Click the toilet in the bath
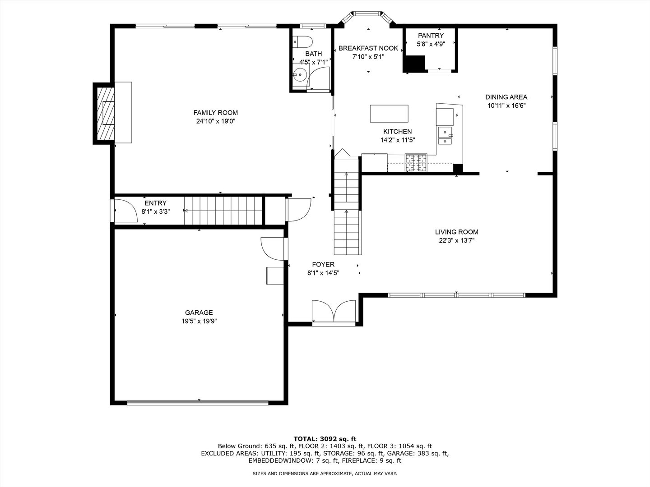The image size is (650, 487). [302, 42]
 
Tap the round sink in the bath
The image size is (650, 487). [300, 75]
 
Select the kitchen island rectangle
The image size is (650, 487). [389, 114]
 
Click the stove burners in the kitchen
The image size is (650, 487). [416, 163]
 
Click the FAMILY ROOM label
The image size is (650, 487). [216, 113]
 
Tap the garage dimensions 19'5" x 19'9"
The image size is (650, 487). [199, 321]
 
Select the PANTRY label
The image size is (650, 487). [431, 36]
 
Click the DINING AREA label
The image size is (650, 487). [506, 97]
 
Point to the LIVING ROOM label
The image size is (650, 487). [457, 232]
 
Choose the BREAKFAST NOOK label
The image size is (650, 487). [368, 48]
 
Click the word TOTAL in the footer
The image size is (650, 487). [305, 439]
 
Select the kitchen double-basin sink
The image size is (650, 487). [446, 136]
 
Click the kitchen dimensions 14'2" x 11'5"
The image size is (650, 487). [398, 140]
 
